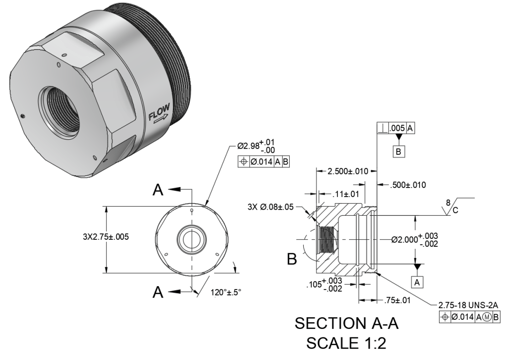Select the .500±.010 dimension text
coord(408,185)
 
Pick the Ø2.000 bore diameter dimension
coord(414,240)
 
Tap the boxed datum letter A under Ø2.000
coord(417,282)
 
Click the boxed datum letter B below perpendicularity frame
coord(398,151)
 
